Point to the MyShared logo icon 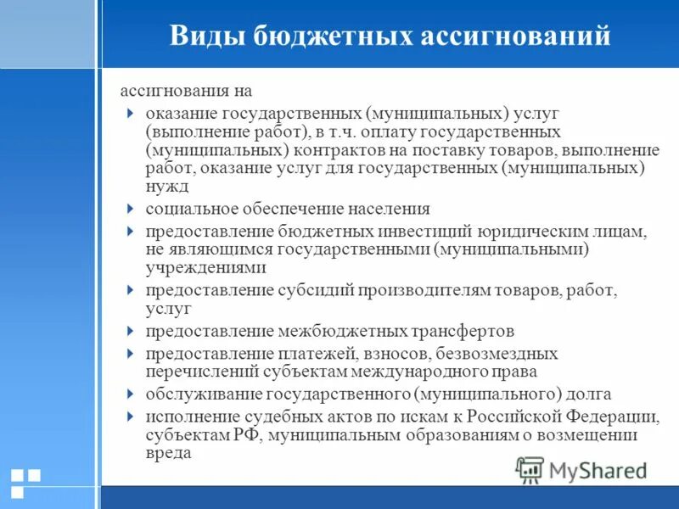tap(530, 470)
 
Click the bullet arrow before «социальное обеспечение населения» tap(129, 208)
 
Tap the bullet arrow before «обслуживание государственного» tap(129, 394)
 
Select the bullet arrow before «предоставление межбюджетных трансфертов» tap(129, 330)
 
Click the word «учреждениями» tap(205, 267)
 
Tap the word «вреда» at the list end tap(168, 453)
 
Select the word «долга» tap(588, 394)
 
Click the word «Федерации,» tap(611, 416)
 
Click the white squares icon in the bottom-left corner tap(25, 482)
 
